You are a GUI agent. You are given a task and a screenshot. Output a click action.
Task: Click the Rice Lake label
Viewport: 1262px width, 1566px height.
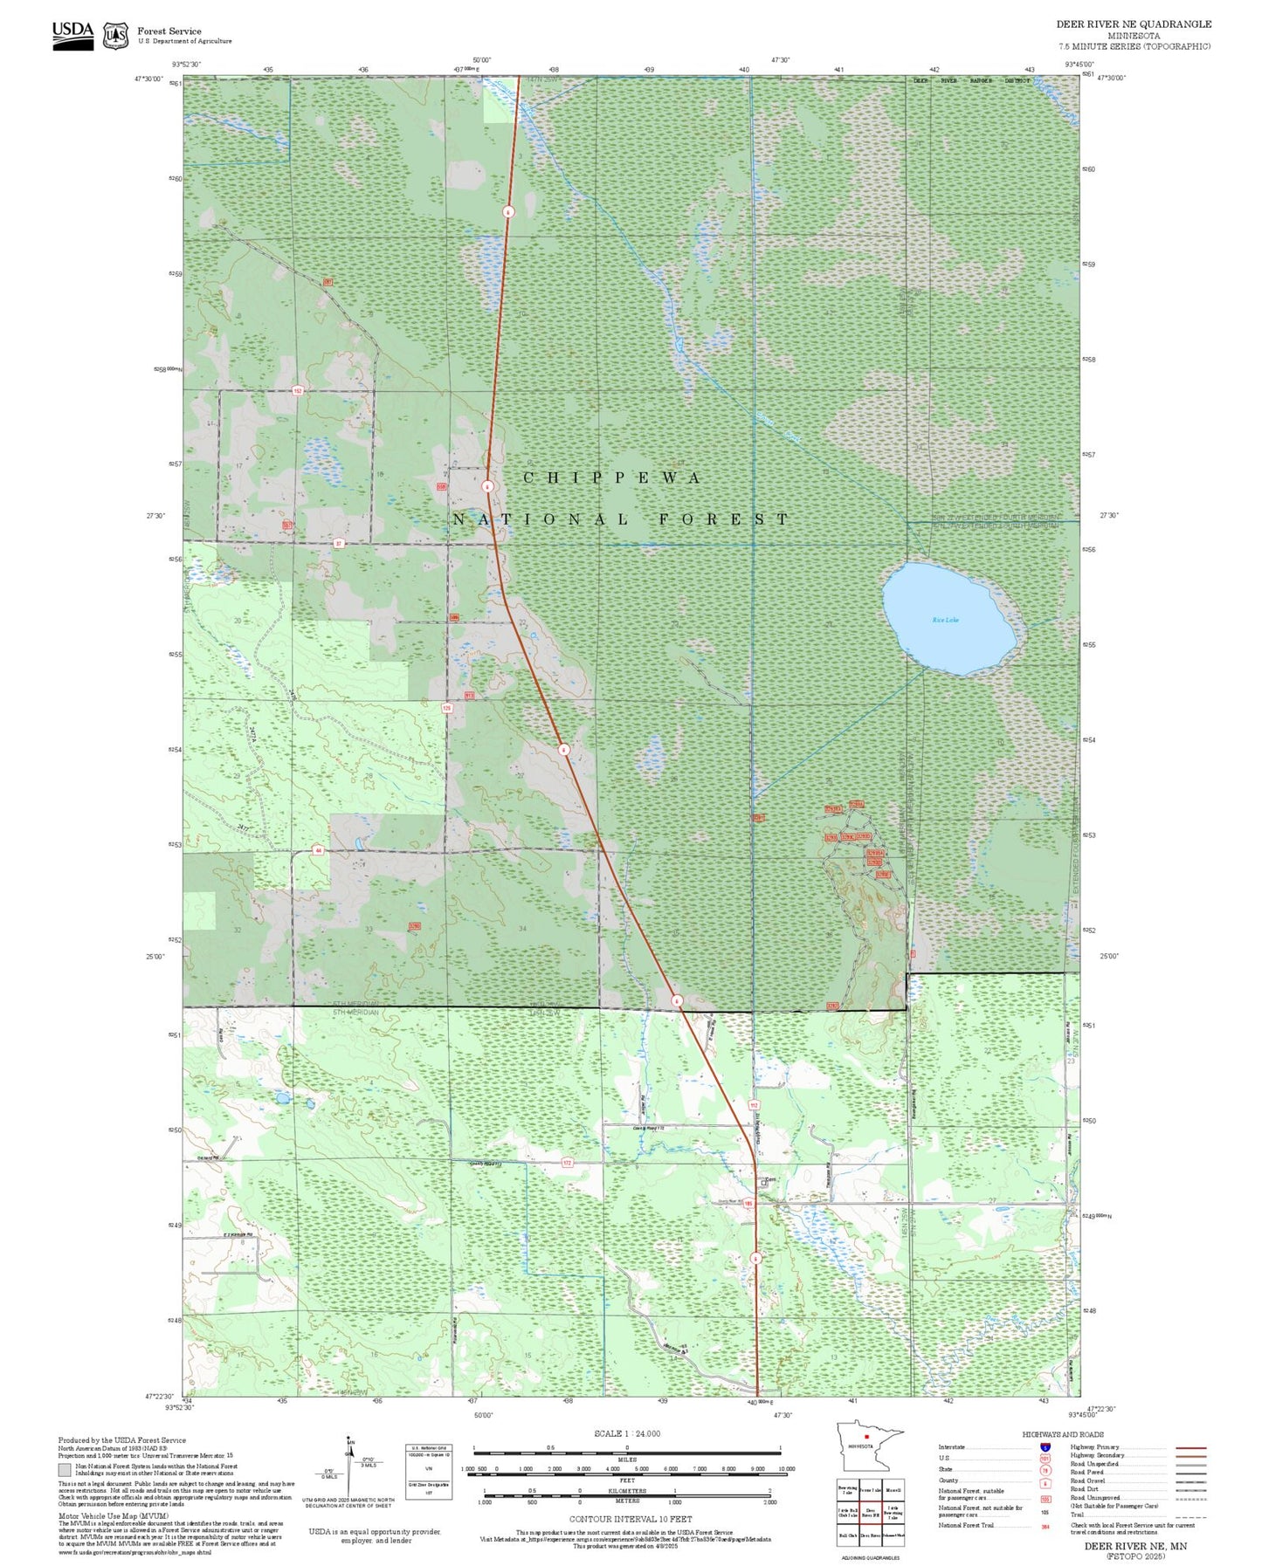(x=945, y=620)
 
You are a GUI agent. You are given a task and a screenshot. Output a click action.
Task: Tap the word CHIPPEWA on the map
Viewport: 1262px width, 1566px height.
(x=612, y=478)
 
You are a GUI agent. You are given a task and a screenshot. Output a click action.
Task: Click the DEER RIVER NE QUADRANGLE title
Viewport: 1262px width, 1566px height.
(x=1134, y=24)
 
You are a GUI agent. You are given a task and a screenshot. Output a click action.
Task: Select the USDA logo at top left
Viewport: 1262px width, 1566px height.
(x=72, y=35)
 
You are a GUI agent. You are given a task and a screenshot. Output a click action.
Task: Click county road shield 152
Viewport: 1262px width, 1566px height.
(x=298, y=391)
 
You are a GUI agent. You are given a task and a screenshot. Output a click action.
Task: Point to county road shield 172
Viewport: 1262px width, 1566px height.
(x=567, y=1164)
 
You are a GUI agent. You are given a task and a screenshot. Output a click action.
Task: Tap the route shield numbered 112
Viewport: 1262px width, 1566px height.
(x=754, y=1105)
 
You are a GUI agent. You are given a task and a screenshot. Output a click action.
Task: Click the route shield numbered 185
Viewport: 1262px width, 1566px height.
(x=748, y=1205)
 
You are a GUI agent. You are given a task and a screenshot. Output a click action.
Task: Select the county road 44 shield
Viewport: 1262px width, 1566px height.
(x=319, y=850)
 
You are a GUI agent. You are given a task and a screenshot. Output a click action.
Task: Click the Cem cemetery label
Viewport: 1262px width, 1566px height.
(x=769, y=1180)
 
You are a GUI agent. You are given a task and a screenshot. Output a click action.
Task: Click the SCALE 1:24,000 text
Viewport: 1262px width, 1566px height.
(x=627, y=1433)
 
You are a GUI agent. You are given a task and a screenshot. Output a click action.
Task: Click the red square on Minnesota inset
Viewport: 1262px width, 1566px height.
(x=865, y=1437)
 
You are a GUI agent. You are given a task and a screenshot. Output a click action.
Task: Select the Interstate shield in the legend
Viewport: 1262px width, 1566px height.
(x=1045, y=1447)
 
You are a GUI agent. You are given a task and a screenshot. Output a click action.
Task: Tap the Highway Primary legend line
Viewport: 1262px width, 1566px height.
(x=1190, y=1447)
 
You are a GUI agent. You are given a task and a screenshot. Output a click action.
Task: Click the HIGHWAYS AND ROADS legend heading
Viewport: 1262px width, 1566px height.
(x=1063, y=1434)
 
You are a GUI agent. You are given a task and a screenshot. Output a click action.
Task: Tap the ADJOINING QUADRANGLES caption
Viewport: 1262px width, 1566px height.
(x=870, y=1557)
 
